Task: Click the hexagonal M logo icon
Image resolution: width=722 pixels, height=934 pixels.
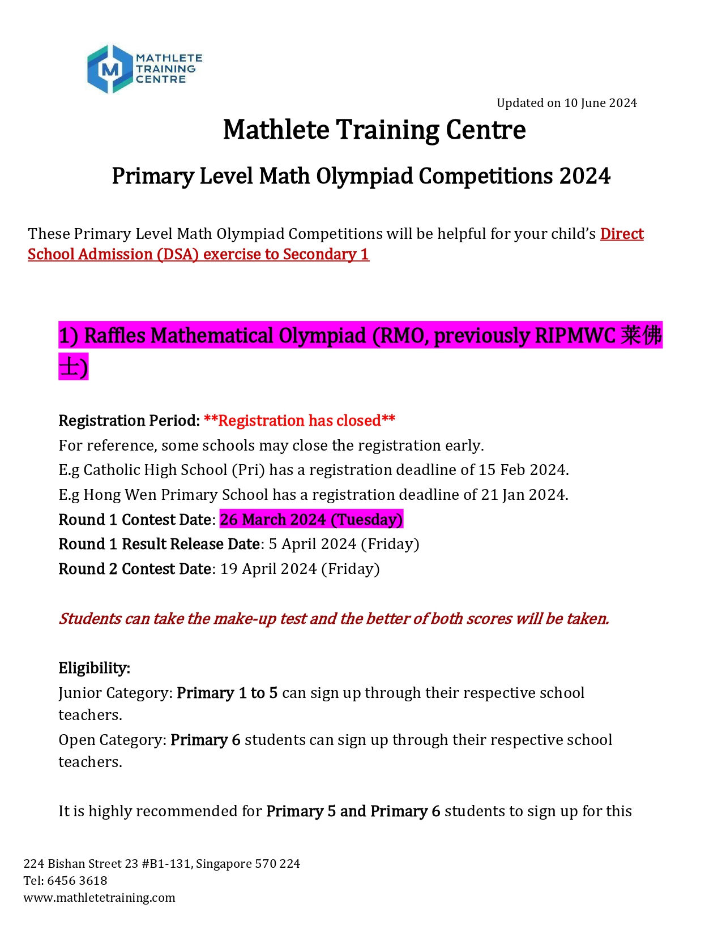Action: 110,69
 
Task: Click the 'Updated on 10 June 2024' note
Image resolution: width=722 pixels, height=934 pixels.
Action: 566,103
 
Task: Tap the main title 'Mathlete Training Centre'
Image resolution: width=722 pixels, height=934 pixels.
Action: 374,130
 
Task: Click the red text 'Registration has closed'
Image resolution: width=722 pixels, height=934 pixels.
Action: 300,421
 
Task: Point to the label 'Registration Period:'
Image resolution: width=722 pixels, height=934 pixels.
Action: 129,421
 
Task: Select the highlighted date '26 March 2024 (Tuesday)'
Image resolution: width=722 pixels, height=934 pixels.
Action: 311,520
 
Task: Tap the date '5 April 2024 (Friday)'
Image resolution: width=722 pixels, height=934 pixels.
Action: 344,544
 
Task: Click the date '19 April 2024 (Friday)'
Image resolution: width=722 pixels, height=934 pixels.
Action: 300,569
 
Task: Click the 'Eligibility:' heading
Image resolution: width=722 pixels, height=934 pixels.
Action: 95,668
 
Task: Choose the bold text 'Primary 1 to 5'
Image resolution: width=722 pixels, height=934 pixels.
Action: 227,693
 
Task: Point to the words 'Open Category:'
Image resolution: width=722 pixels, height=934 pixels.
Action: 112,740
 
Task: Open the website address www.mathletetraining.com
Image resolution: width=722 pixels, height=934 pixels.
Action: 99,898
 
